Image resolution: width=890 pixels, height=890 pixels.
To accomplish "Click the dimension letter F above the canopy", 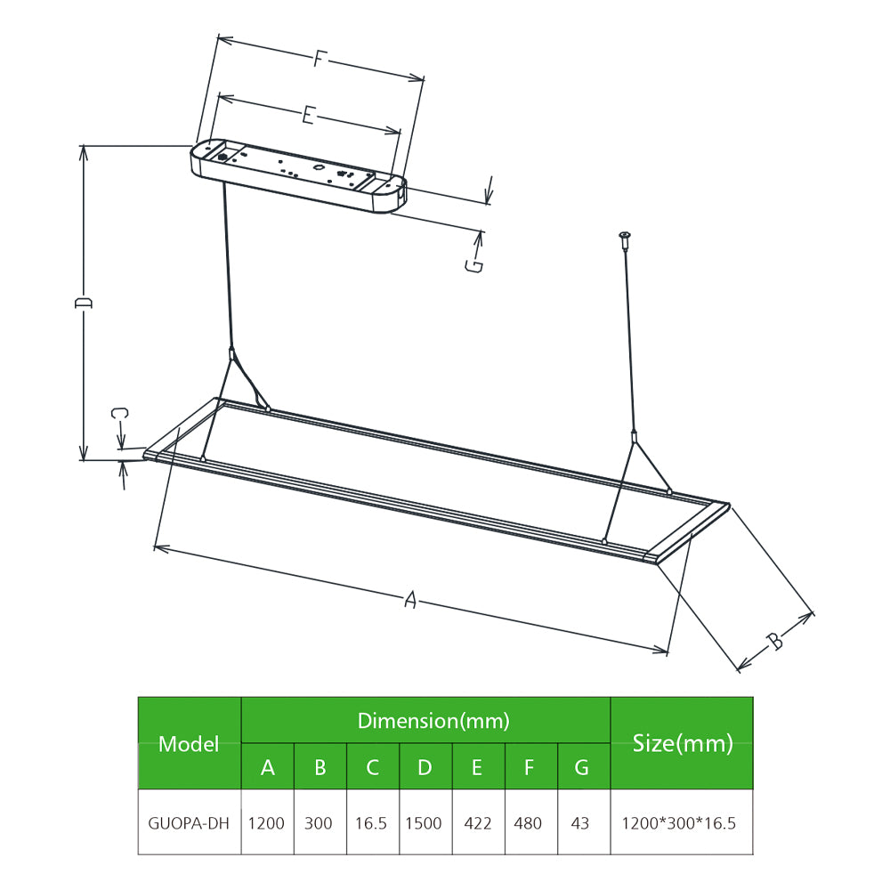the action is pos(320,59).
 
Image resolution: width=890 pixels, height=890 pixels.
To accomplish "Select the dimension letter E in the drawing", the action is pos(308,115).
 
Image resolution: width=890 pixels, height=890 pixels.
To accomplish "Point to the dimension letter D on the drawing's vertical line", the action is pos(83,302).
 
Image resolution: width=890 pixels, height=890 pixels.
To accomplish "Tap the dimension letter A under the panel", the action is pos(410,599).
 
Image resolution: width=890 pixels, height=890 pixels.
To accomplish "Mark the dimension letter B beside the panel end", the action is pos(775,641).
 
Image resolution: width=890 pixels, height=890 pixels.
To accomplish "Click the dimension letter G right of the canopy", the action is pos(474,265).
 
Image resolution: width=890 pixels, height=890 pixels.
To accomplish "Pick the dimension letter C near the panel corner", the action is pos(120,413).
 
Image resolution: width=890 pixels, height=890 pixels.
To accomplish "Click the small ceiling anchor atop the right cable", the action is pos(626,239).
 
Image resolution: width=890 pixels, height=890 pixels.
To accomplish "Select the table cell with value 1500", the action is pos(424,822).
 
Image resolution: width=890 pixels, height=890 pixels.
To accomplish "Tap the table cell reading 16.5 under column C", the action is pos(371,822).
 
